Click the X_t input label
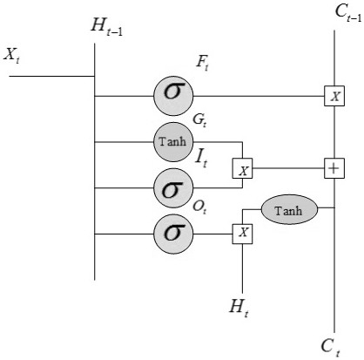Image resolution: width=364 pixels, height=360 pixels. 11,55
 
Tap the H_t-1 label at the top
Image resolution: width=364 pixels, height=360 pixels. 107,27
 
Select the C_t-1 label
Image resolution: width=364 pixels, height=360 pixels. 348,14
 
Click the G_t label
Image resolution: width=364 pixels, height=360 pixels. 199,120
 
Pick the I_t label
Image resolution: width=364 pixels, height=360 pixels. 201,158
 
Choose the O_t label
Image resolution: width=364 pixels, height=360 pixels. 199,207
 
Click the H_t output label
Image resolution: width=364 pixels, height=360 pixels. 239,308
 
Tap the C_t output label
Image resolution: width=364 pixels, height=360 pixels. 331,348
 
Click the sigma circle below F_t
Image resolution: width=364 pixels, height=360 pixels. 173,96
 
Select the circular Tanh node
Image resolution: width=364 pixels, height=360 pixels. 173,142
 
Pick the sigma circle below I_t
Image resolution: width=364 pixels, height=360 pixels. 173,188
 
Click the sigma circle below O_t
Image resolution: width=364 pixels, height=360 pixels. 173,234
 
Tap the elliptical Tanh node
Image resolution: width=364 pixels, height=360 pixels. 290,209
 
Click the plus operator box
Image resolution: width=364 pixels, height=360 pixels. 334,168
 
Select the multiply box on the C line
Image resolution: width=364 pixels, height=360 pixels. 334,96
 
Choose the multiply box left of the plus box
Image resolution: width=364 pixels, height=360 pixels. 242,168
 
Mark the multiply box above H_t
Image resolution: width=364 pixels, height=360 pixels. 242,234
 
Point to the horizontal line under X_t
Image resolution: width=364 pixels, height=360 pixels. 51,77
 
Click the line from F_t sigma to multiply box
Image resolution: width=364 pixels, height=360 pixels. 259,96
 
